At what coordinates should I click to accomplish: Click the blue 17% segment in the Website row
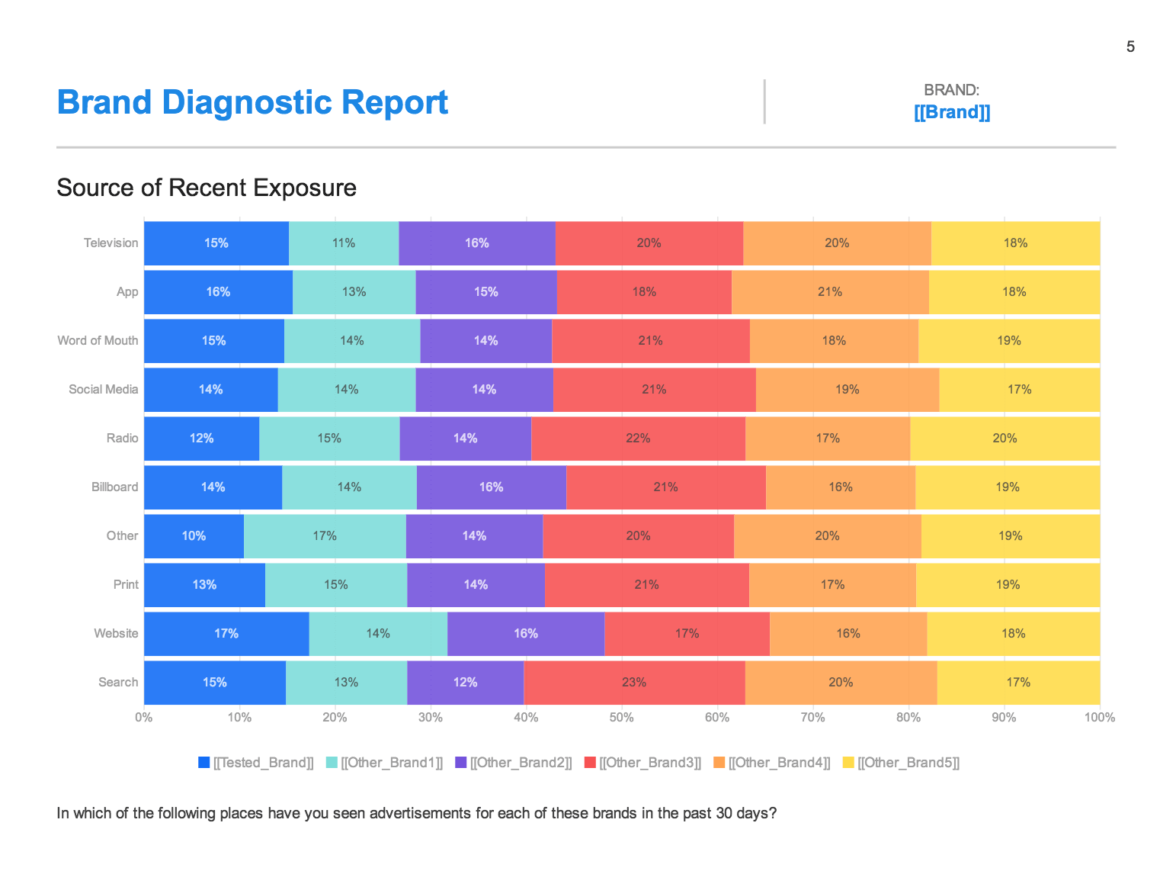point(226,634)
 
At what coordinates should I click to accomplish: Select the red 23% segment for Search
point(634,683)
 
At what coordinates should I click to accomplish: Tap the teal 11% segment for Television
point(344,243)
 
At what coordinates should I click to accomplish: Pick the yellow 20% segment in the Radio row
point(1005,439)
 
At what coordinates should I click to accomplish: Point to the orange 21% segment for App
point(830,292)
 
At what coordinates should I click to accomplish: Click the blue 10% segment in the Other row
point(194,536)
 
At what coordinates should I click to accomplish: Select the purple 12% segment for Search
point(465,683)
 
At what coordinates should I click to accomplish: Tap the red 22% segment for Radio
point(638,439)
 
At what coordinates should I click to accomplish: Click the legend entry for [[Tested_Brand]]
point(256,763)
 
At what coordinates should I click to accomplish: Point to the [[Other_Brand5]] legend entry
point(901,763)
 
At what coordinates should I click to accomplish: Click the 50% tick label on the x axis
point(621,718)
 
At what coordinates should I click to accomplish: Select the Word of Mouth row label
point(98,341)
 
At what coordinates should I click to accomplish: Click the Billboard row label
point(114,487)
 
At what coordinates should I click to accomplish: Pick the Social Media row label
point(103,390)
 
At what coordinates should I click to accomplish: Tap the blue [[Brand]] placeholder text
point(952,112)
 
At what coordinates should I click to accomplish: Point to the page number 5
point(1130,47)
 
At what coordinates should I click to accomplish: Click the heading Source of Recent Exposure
point(207,188)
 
